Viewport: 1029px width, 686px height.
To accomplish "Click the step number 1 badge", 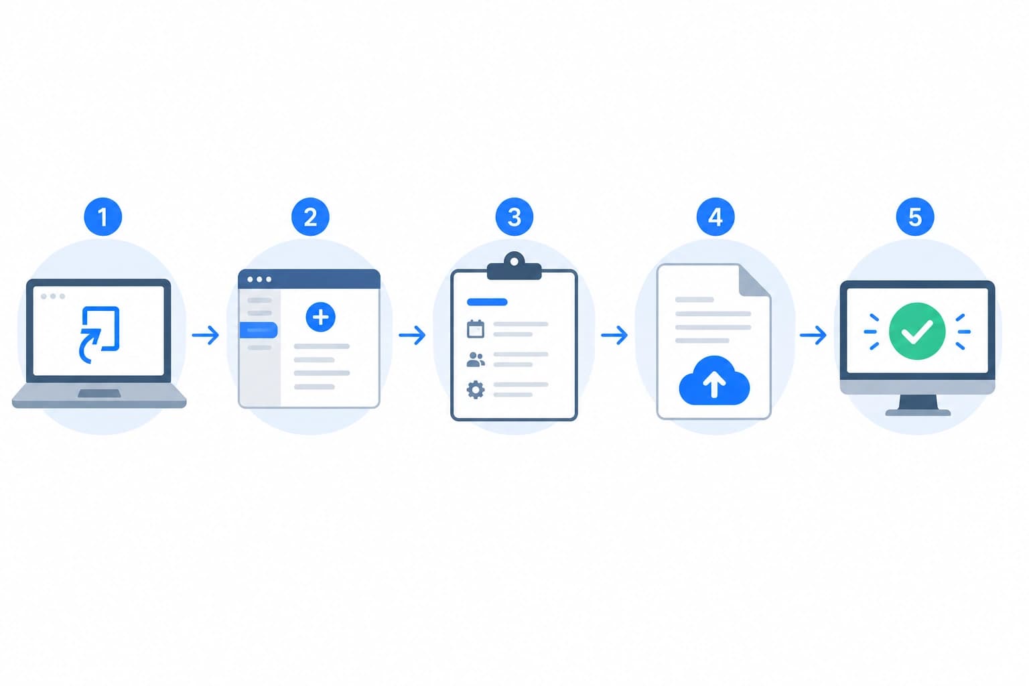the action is pos(103,217).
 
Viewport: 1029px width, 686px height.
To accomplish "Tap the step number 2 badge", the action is pos(311,217).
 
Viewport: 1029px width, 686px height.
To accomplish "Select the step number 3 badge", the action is pos(514,217).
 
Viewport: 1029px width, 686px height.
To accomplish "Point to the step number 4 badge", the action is pos(715,217).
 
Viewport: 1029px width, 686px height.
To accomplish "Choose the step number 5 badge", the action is pos(915,217).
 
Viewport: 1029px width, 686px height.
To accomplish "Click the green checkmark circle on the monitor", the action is pos(917,332).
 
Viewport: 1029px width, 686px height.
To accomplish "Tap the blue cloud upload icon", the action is pos(714,381).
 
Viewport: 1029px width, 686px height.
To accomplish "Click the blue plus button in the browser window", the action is pos(321,317).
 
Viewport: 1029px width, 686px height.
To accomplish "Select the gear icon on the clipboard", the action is pos(476,390).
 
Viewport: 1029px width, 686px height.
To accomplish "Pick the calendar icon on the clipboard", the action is pos(476,329).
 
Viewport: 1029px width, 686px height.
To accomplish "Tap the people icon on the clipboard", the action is pos(476,359).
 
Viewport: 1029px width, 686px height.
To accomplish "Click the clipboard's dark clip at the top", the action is pos(514,266).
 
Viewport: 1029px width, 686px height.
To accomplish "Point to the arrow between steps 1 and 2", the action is pos(206,336).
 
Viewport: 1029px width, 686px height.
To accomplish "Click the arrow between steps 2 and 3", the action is pos(413,336).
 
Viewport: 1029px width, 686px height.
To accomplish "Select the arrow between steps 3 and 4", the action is pos(614,336).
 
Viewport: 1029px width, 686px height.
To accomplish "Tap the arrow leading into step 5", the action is pos(813,336).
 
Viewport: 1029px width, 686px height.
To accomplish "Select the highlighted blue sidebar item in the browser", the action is pos(259,330).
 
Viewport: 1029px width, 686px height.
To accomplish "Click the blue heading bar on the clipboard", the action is pos(487,302).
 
